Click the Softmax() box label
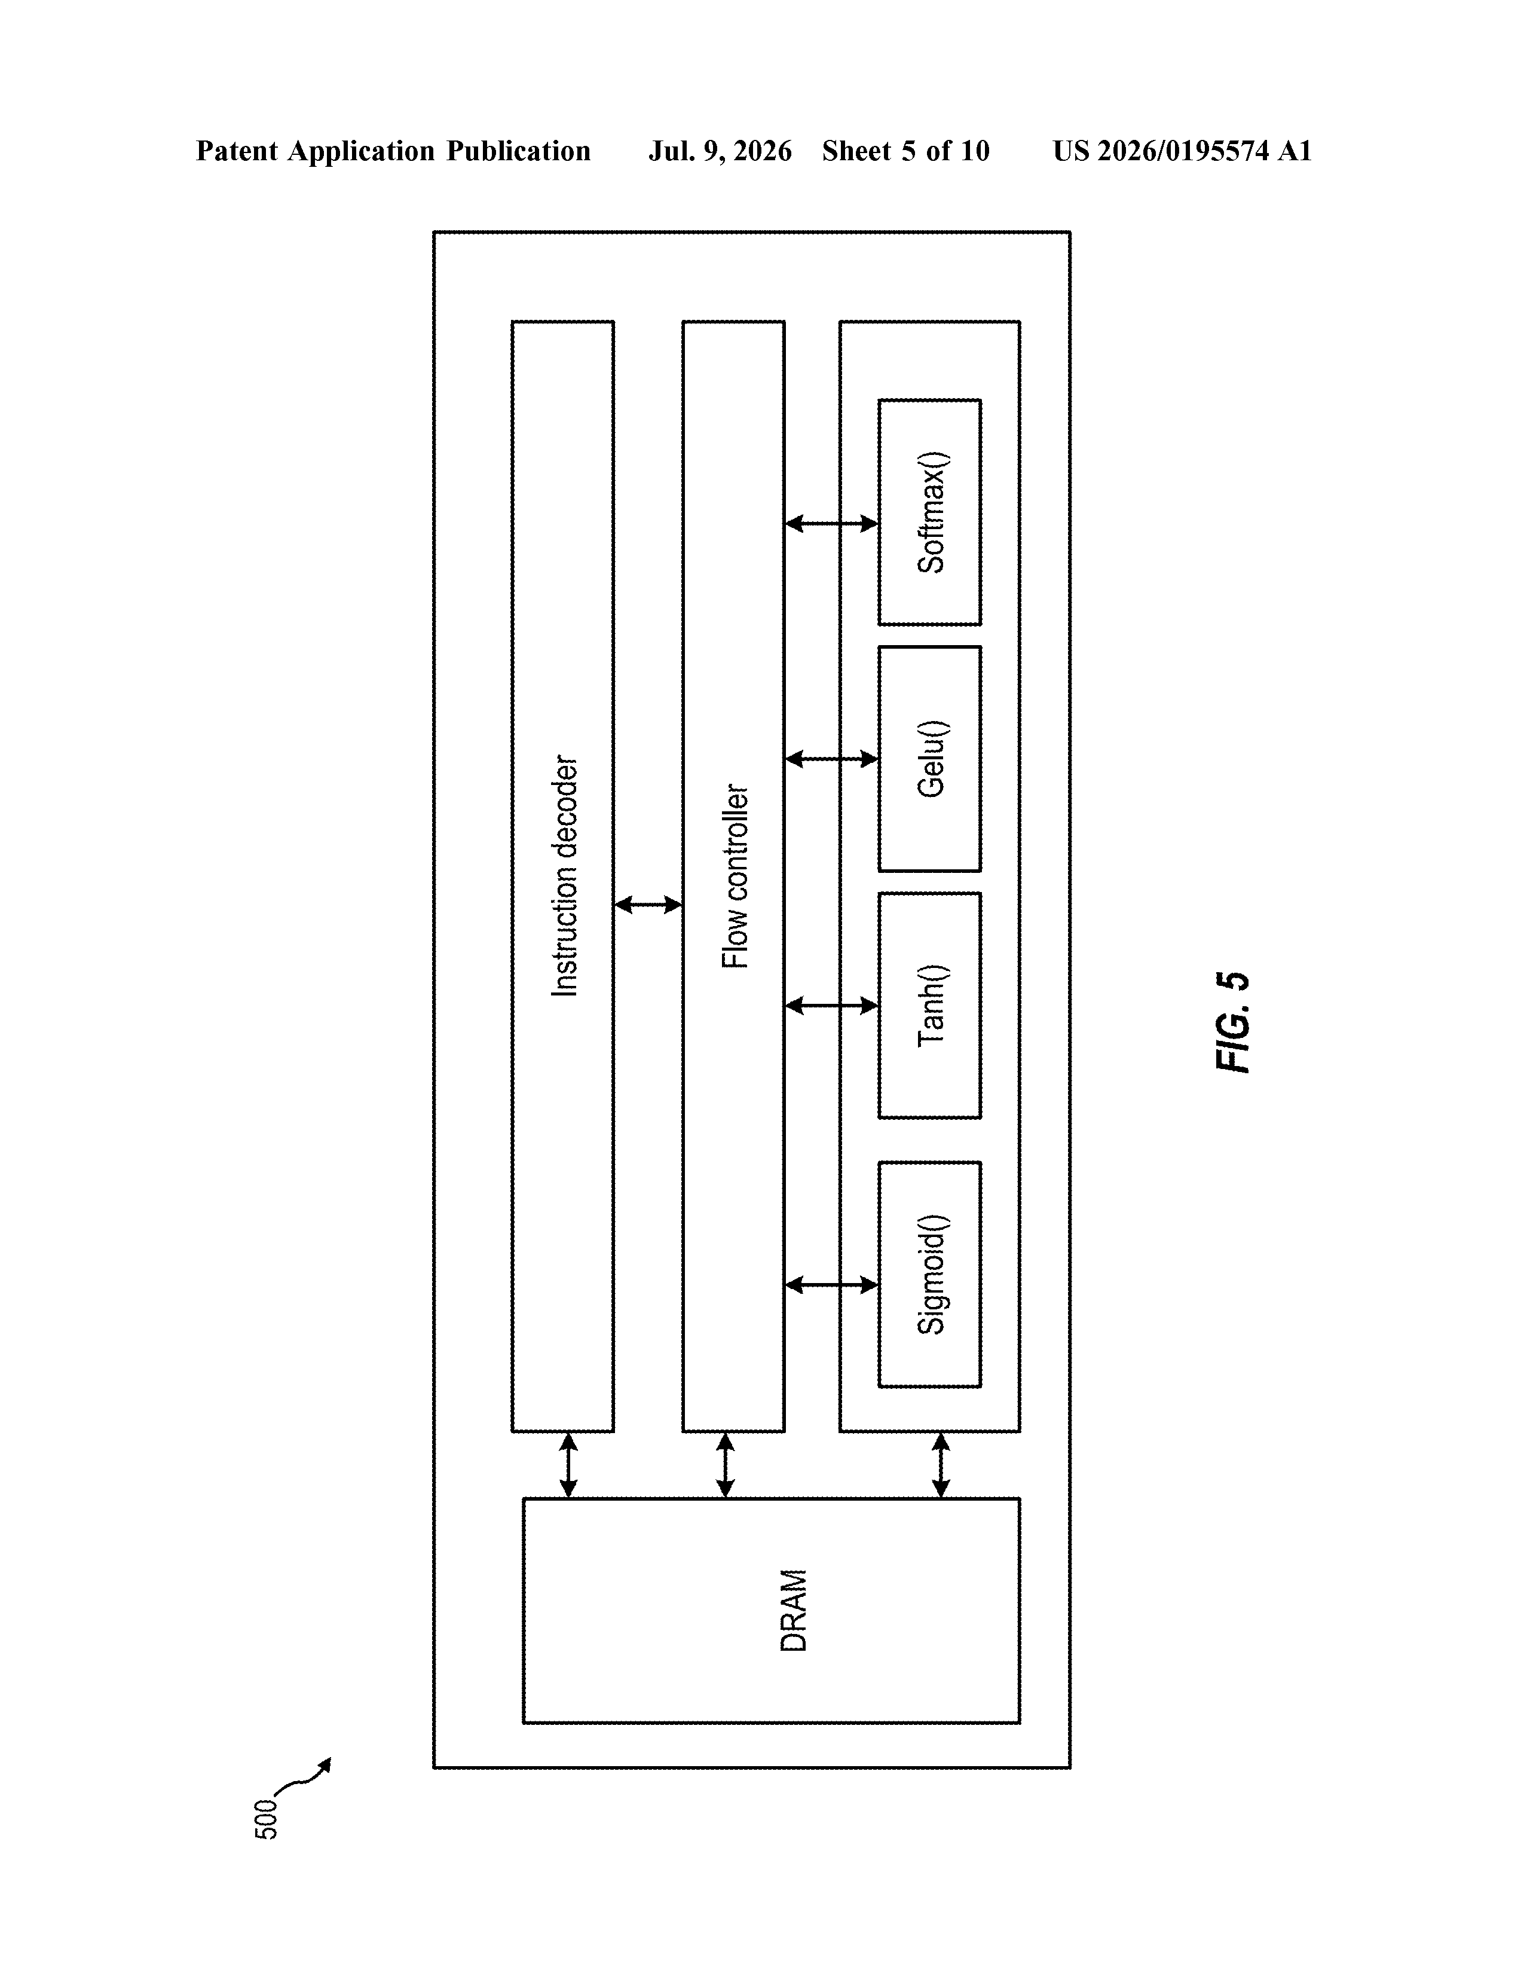pos(931,512)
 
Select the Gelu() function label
pos(931,759)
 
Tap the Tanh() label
pos(931,1006)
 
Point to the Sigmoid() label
pos(931,1273)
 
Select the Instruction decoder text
pos(565,876)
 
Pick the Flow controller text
pos(736,876)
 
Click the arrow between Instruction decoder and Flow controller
pos(648,904)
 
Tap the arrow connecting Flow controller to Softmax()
pos(831,523)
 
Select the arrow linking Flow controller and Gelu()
pos(831,759)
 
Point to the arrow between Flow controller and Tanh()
pos(831,1006)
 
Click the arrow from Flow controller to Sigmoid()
pos(831,1285)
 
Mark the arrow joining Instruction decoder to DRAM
pos(568,1465)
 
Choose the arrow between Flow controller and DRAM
pos(726,1465)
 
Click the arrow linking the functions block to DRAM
pos(940,1465)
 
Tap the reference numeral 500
pos(267,1819)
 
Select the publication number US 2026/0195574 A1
pos(1182,151)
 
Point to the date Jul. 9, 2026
pos(720,151)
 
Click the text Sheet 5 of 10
pos(906,151)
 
